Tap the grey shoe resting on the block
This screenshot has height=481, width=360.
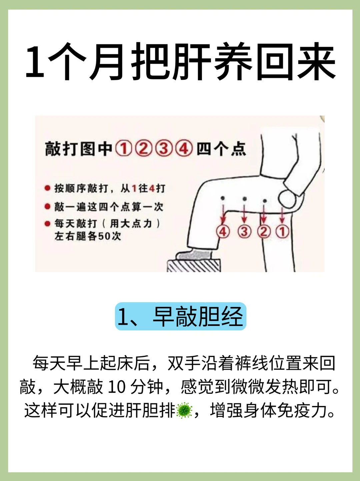194,255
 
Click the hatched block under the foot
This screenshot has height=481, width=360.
194,266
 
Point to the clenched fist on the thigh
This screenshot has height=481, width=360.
287,199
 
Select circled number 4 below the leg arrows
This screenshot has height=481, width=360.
223,231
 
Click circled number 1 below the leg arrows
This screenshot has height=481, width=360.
282,232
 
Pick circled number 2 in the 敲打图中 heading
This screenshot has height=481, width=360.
144,148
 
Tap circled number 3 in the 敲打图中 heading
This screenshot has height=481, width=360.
164,148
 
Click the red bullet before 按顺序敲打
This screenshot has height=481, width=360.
47,188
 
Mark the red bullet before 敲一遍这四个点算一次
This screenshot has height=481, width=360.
47,206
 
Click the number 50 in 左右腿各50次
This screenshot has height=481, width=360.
103,236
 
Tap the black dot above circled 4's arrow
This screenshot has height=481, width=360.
223,198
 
